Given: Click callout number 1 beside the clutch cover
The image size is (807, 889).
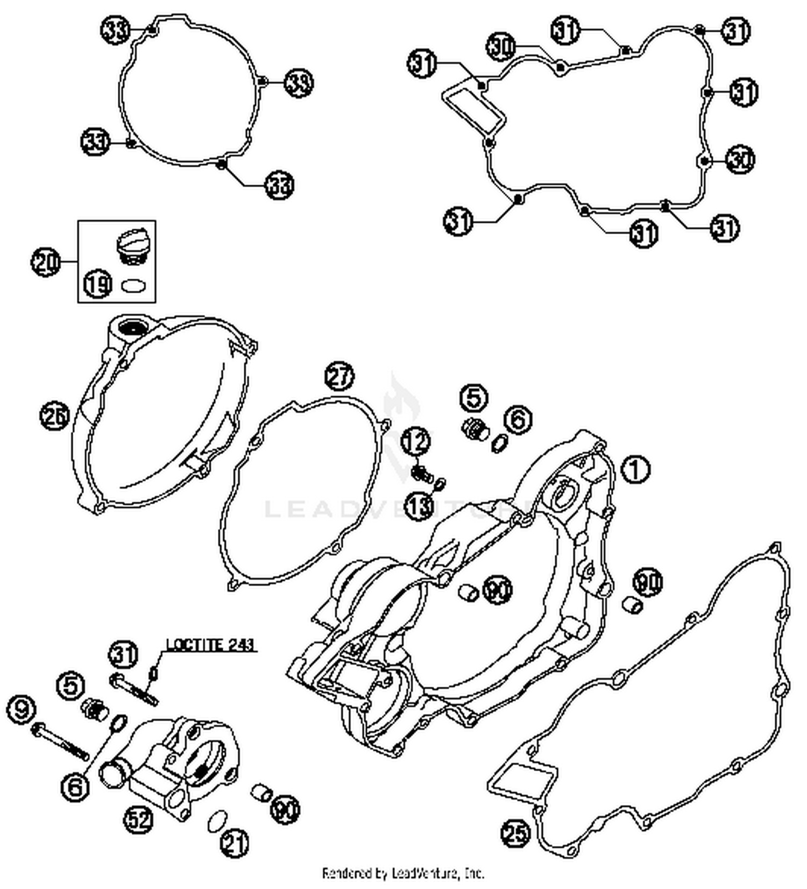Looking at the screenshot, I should point(635,469).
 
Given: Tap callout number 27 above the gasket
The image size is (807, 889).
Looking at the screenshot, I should point(339,377).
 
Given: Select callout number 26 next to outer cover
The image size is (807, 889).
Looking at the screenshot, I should point(54,416).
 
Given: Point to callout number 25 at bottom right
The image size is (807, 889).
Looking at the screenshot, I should point(515,834).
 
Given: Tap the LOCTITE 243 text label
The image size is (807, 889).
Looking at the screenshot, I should point(210,644).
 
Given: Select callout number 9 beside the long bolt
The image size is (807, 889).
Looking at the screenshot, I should point(22,710).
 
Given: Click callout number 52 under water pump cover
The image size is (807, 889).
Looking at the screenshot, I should point(139,819).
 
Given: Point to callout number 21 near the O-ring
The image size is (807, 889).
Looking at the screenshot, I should point(236,843).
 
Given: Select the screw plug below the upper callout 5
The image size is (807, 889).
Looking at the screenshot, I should point(475,429).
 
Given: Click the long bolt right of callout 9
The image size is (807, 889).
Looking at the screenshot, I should point(62,742).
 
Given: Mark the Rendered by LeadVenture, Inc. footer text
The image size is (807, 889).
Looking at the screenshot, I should point(403,872).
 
